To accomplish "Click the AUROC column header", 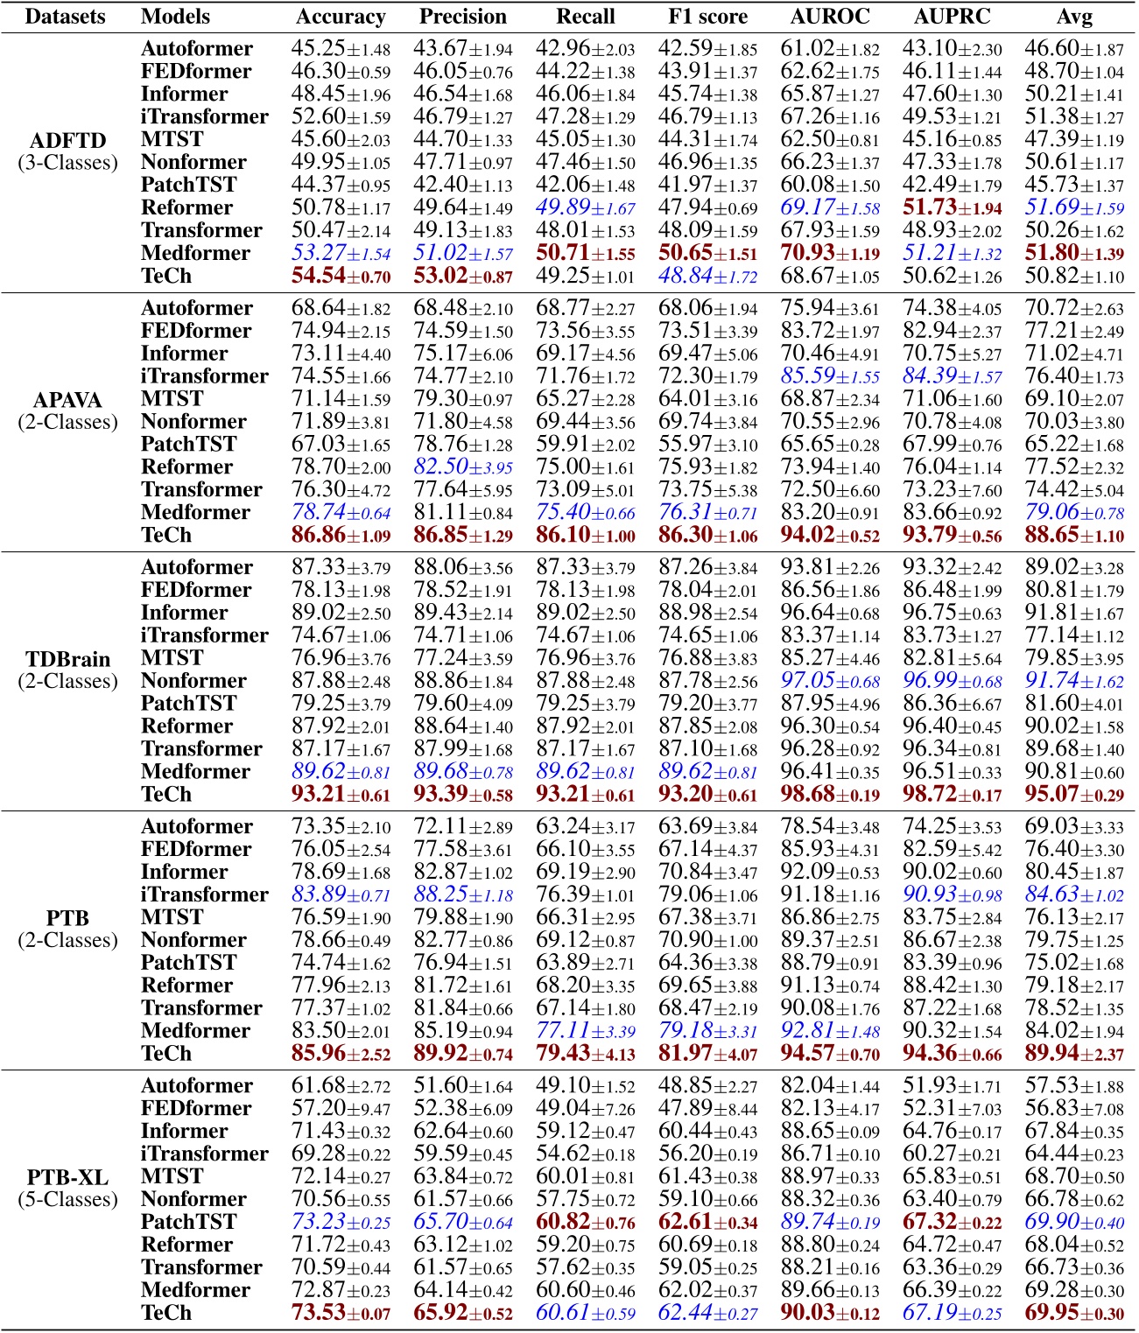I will tap(829, 17).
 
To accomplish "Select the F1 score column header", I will tap(707, 17).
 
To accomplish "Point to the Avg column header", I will tap(1074, 17).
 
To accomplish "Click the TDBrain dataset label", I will tap(67, 659).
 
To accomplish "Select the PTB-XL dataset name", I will tap(67, 1177).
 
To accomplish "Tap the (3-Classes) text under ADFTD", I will tap(67, 163).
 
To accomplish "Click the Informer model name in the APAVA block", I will tap(184, 354).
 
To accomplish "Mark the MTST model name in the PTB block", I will tap(172, 917).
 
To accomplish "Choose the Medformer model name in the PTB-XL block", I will tap(195, 1290).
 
